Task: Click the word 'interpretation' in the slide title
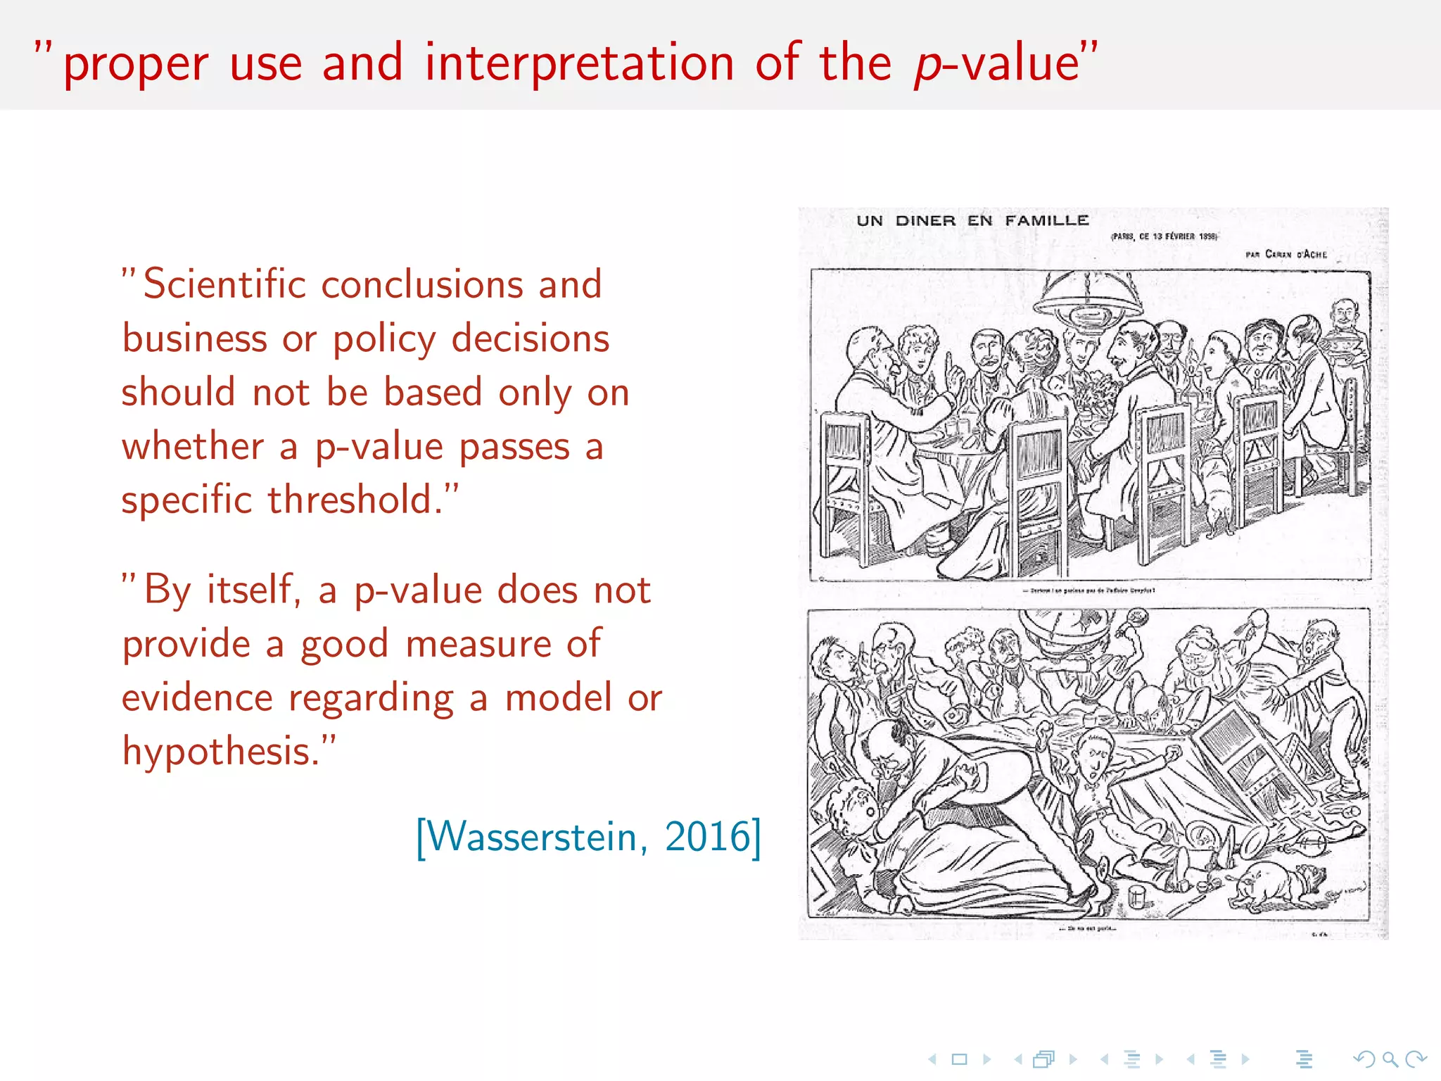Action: pyautogui.click(x=579, y=63)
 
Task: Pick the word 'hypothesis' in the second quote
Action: pyautogui.click(x=215, y=752)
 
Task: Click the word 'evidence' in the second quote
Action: pyautogui.click(x=197, y=697)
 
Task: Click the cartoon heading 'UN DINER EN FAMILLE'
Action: pyautogui.click(x=972, y=221)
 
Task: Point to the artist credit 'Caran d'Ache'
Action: pyautogui.click(x=1295, y=254)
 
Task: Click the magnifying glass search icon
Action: pyautogui.click(x=1390, y=1059)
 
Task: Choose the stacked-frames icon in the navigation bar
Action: pyautogui.click(x=1044, y=1059)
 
